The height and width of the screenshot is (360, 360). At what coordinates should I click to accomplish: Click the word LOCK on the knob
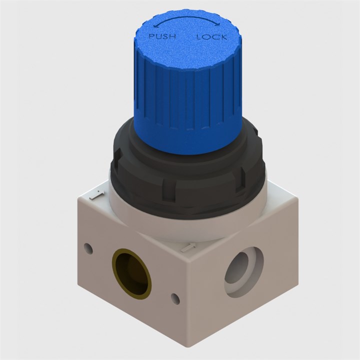point(211,37)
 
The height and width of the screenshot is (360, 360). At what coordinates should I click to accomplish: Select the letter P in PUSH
point(152,36)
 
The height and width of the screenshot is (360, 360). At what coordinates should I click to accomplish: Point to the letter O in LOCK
point(206,37)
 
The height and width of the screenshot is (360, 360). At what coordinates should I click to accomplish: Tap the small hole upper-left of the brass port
point(89,248)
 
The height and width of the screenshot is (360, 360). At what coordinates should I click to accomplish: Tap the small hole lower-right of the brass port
point(175,298)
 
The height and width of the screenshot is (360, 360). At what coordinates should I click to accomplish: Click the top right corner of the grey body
point(298,200)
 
